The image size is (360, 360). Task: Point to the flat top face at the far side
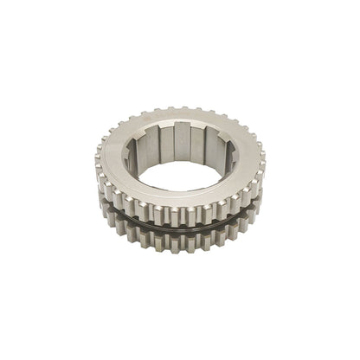183,117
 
